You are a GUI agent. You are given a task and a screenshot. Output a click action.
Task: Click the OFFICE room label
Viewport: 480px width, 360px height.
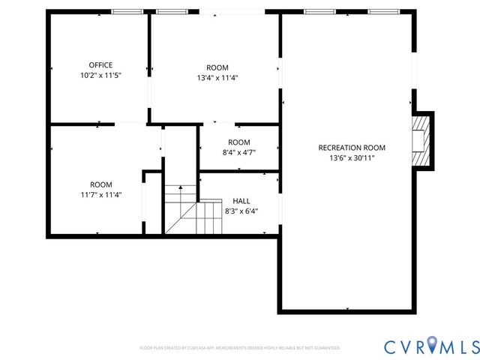point(100,65)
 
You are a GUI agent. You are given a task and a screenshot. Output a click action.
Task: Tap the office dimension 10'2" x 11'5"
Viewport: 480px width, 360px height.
point(100,76)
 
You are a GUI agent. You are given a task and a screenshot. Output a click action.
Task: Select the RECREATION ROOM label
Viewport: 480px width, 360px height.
point(352,148)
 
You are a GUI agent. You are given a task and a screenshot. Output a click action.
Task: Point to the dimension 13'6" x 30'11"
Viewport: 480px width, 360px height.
point(352,158)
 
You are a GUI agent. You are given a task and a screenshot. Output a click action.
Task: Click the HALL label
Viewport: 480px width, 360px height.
point(241,201)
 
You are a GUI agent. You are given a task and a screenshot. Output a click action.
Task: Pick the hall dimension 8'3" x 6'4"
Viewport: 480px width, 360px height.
point(241,211)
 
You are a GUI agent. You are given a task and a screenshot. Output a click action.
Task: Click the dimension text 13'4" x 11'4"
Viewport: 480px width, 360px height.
point(217,77)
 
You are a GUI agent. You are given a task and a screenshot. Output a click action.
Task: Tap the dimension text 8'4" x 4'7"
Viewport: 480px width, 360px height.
point(239,152)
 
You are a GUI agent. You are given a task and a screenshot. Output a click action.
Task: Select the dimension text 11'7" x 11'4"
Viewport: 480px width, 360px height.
point(101,195)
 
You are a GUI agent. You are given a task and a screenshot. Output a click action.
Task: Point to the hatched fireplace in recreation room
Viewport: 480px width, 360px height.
point(422,140)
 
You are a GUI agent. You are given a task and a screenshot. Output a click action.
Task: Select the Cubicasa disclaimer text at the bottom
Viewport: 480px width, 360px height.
point(240,348)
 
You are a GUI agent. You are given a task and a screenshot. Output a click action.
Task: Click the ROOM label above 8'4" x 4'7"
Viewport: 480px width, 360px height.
point(239,142)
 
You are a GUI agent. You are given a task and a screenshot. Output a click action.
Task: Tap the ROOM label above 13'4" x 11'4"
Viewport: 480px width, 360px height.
point(217,67)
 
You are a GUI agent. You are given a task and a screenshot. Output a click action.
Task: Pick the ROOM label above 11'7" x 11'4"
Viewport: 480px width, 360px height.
point(101,184)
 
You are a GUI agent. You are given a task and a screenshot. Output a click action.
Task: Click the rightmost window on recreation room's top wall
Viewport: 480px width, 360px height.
point(383,12)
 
